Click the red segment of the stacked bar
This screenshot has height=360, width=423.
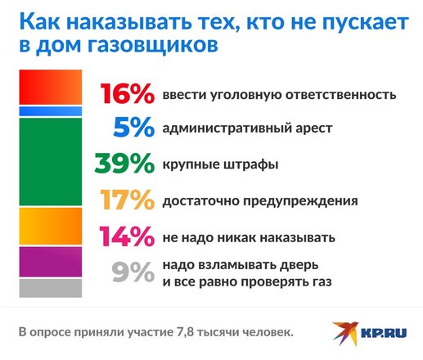coord(51,87)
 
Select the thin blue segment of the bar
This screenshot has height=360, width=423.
coord(51,111)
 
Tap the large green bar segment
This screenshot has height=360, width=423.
coord(51,162)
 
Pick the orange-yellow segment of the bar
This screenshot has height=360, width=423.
coord(51,226)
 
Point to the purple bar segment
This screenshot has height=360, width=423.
coord(51,262)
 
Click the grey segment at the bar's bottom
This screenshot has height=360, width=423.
coord(51,288)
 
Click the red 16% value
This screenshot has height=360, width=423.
coord(128,93)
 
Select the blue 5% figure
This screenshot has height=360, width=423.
coord(134,127)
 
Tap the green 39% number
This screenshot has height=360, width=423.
coord(124,163)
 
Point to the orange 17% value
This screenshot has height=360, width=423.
coord(128,200)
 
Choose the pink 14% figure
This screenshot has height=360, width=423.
coord(127,236)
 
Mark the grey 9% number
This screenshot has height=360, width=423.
coord(133,272)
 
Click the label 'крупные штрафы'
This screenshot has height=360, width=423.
coord(220,164)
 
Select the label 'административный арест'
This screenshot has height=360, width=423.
coord(247,128)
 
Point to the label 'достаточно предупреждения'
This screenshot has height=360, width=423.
coord(260,201)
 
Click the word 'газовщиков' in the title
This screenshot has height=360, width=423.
coord(153,45)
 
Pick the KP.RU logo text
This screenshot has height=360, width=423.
coord(384,333)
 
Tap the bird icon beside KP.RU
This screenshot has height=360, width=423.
coord(345,333)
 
